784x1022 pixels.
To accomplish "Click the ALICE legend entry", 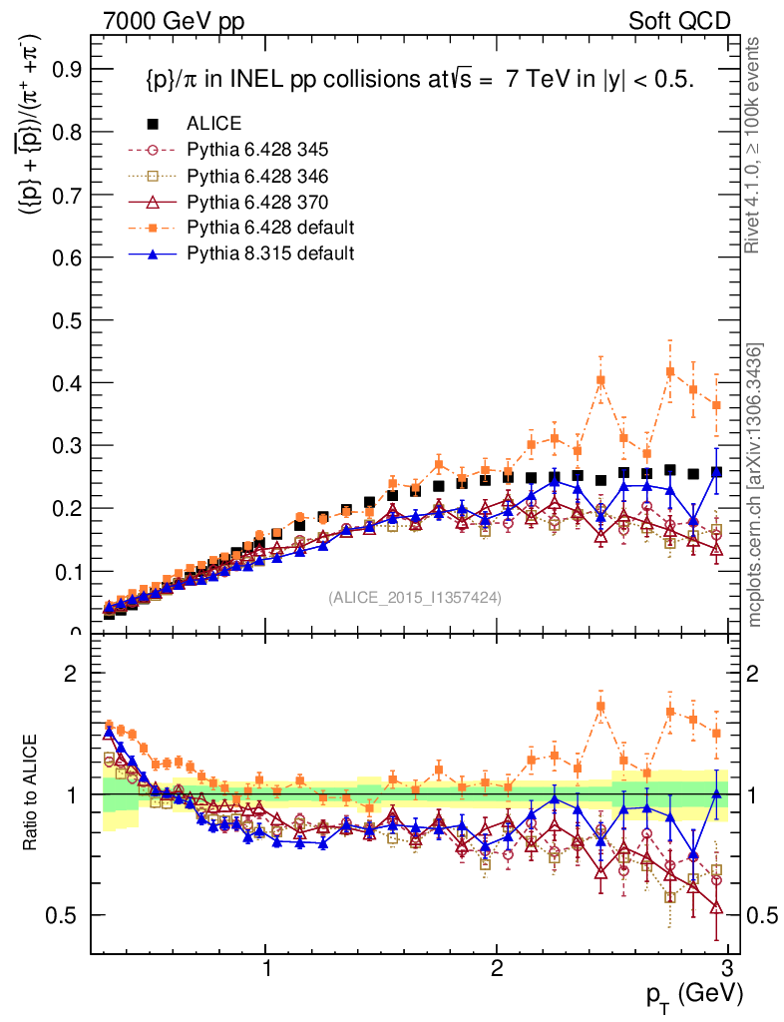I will (x=213, y=124).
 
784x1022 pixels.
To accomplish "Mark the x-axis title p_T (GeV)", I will (x=694, y=994).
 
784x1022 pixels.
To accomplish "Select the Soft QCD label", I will (x=679, y=21).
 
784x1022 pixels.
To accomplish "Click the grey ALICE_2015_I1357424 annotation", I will (x=415, y=598).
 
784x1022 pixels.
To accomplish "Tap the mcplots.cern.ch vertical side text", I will (x=755, y=486).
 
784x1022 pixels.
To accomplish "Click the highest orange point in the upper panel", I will (x=670, y=371).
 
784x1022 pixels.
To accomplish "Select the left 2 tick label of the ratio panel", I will (x=70, y=674).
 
